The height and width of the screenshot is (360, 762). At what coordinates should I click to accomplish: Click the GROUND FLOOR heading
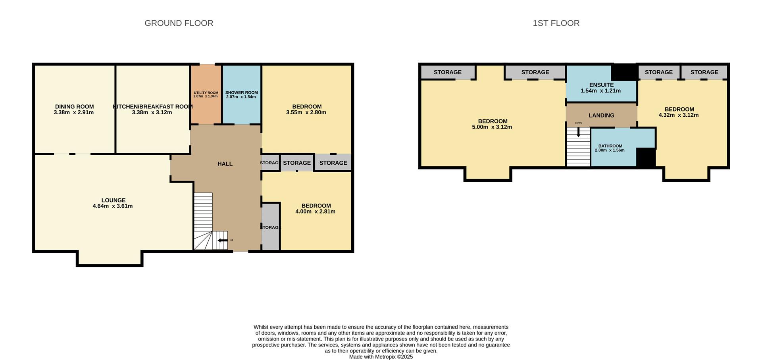(179, 23)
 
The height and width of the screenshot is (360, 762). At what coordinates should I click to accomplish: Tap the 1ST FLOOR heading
(556, 23)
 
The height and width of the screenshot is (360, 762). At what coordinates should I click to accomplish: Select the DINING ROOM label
(74, 106)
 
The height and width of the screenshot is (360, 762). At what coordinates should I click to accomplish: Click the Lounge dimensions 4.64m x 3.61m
(113, 206)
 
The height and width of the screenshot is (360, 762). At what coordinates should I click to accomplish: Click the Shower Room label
(241, 92)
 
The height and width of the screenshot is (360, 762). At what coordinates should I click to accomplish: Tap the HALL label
(225, 164)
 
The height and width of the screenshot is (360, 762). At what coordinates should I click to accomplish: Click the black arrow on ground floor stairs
(222, 240)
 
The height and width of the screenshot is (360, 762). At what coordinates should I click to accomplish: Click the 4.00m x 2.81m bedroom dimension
(315, 212)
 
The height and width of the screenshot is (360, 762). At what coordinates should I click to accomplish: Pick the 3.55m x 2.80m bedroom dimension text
(306, 112)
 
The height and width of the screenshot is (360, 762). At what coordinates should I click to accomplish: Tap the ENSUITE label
(601, 85)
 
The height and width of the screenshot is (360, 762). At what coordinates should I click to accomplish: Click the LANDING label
(601, 115)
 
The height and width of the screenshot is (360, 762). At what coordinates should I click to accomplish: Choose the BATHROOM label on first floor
(610, 146)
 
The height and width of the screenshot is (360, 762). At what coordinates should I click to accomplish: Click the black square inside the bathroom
(645, 157)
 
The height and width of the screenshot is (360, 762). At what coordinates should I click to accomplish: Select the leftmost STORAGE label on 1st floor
(447, 72)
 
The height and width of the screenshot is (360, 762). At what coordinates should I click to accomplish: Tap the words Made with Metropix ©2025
(381, 357)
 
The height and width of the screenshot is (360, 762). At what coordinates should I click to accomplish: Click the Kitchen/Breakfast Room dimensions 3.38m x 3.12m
(152, 112)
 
